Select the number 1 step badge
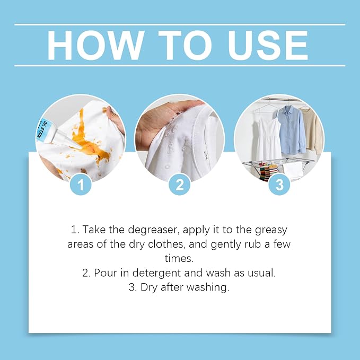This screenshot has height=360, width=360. [81, 185]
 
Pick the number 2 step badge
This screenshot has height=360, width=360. [180, 185]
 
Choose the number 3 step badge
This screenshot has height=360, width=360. [279, 185]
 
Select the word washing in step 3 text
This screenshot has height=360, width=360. [207, 288]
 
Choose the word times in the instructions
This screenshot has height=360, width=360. [179, 259]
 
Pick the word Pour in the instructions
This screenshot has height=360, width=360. [106, 273]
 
